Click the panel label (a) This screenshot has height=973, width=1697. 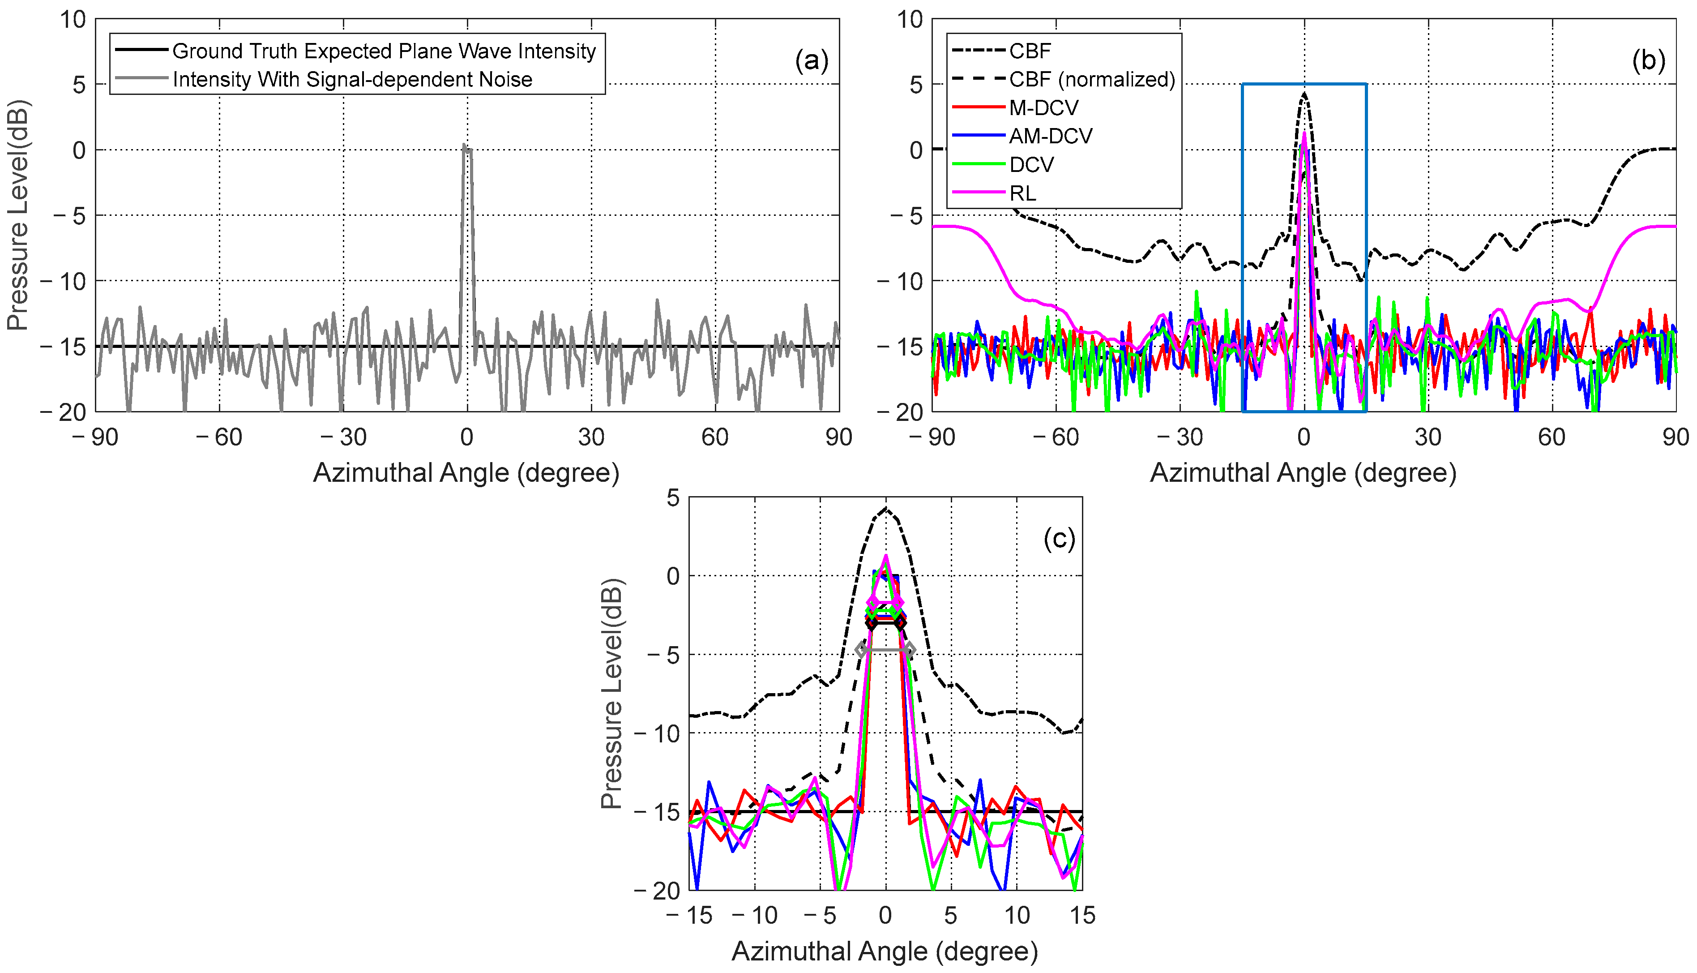[x=811, y=61]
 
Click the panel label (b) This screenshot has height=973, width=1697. [x=1648, y=61]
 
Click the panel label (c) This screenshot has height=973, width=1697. [x=1059, y=539]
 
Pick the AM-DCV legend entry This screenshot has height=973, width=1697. [x=1050, y=136]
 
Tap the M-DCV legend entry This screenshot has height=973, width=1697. [x=1043, y=107]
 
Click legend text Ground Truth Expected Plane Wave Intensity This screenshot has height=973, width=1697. [x=384, y=51]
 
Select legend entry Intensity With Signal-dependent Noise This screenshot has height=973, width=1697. [x=352, y=80]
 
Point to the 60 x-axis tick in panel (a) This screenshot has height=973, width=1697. [x=715, y=438]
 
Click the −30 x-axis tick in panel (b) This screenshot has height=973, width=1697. [x=1180, y=438]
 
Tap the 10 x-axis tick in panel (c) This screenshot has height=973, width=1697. [x=1017, y=916]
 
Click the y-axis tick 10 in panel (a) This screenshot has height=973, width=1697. [x=73, y=20]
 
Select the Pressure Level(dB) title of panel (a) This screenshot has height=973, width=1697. [x=18, y=215]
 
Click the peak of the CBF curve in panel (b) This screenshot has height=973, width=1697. [x=1304, y=94]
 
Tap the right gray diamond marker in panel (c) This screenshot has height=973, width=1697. [x=909, y=650]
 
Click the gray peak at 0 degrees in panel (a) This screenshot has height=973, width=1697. [x=464, y=145]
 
